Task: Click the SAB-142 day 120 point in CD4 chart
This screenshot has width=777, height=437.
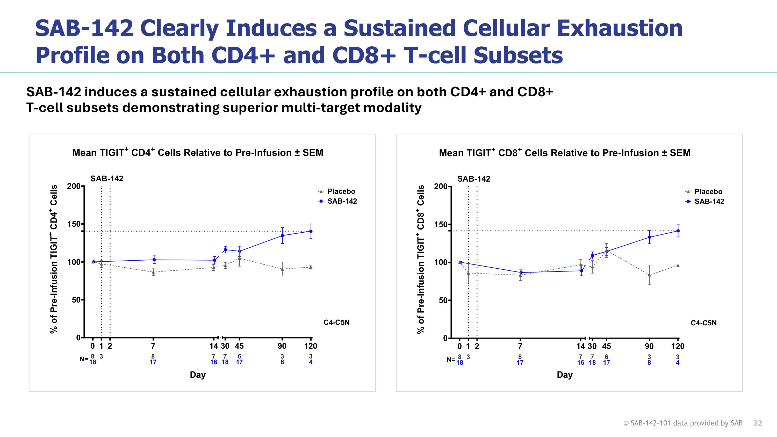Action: point(311,231)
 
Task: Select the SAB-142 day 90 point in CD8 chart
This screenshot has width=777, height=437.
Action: point(649,237)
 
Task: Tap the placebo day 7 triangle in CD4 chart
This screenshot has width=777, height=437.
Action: point(153,272)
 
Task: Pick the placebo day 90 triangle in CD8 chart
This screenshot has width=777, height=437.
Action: point(649,275)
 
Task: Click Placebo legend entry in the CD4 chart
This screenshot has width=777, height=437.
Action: point(341,191)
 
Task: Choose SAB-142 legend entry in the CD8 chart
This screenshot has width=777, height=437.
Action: point(709,201)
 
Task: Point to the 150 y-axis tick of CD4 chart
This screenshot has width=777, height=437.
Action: point(74,224)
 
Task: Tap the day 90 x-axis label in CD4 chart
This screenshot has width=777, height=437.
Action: point(282,346)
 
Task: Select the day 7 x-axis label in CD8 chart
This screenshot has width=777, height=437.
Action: point(520,346)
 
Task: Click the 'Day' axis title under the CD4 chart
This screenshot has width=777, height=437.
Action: point(198,375)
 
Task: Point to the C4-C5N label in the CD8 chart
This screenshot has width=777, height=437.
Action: point(703,323)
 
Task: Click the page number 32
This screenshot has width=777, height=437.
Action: point(757,423)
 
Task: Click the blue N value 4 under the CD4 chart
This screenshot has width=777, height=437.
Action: point(311,362)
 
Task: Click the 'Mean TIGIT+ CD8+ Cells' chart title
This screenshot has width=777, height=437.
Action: point(564,153)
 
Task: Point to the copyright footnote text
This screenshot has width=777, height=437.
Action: point(682,423)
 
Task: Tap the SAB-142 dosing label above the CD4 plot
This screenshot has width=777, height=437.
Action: point(107,178)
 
